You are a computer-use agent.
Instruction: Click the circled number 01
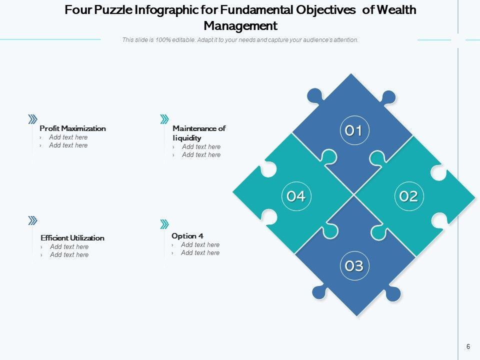click(353, 131)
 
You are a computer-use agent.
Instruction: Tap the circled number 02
click(408, 196)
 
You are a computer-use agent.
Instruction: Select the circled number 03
click(354, 266)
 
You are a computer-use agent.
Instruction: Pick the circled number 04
click(296, 196)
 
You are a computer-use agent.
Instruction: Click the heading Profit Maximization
click(72, 128)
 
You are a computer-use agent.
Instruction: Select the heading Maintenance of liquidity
click(198, 133)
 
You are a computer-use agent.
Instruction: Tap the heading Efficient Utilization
click(72, 238)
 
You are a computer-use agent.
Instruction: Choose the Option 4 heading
click(187, 236)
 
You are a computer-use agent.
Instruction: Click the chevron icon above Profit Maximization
click(32, 119)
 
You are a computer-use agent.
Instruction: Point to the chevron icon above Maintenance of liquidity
click(164, 119)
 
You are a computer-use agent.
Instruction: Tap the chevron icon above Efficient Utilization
click(32, 220)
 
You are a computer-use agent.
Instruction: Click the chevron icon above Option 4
click(164, 223)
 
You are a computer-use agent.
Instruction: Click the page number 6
click(468, 346)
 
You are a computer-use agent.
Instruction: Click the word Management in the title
click(240, 25)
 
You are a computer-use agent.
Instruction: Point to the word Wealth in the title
click(396, 10)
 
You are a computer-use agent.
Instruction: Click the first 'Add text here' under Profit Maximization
click(68, 137)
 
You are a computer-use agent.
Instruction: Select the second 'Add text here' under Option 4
click(200, 253)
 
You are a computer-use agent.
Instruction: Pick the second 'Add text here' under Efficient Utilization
click(69, 255)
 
